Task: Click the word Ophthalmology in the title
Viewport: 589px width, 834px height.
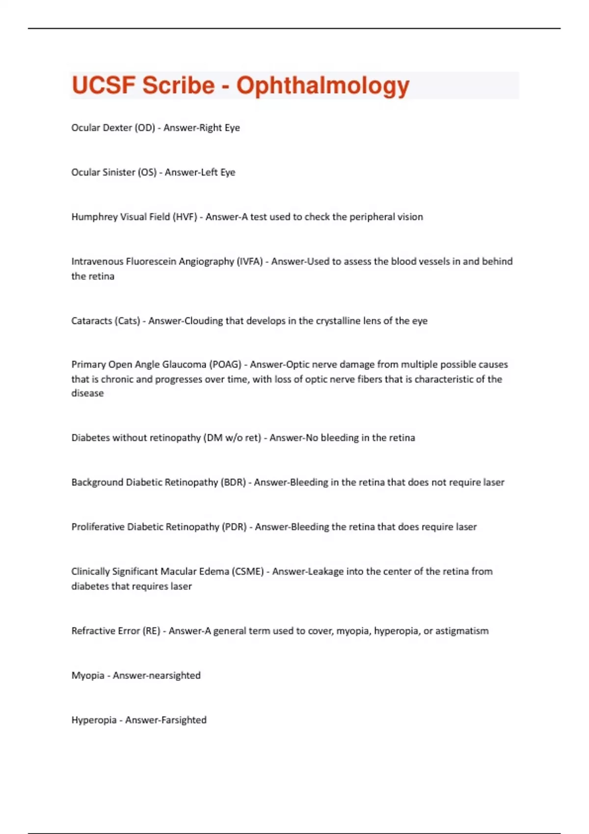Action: point(323,86)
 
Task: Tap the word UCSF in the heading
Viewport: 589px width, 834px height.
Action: point(103,86)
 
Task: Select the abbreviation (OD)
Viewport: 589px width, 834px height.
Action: point(145,128)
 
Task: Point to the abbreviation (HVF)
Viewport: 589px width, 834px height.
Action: point(185,217)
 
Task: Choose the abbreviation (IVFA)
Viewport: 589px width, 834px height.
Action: point(250,261)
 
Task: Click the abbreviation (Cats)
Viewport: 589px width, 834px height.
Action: point(127,321)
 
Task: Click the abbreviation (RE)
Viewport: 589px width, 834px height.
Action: point(152,631)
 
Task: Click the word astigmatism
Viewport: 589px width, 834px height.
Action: point(462,631)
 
